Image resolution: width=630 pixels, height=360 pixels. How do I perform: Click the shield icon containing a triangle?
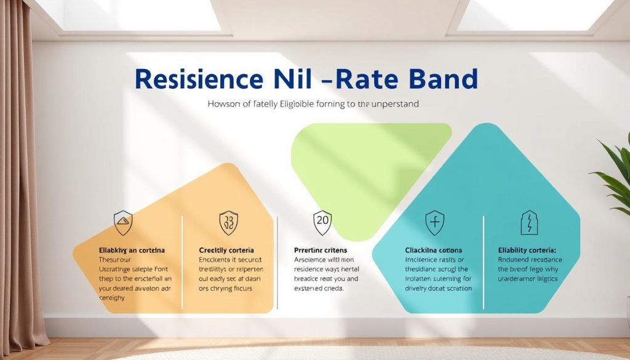[x=123, y=222]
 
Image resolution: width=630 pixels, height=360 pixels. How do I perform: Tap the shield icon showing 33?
[x=229, y=222]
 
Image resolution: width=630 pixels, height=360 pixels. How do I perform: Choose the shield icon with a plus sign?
[x=434, y=222]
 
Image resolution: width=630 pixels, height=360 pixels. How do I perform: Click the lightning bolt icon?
[x=529, y=222]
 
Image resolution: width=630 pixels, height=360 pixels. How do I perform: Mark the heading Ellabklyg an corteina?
[x=132, y=251]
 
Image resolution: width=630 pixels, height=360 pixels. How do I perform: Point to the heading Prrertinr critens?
[x=321, y=250]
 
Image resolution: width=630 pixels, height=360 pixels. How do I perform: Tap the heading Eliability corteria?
[x=527, y=250]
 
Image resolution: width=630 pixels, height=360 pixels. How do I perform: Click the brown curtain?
[x=22, y=185]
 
